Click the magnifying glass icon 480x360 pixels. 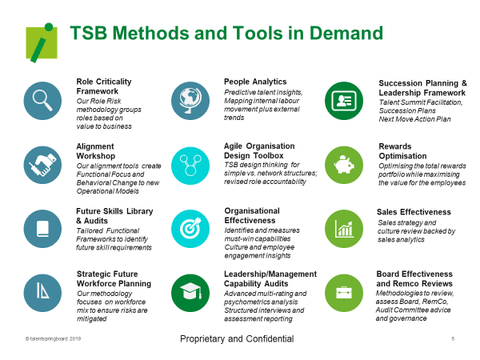coord(42,101)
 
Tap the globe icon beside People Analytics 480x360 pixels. coord(190,101)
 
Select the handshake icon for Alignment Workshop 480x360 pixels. coord(42,165)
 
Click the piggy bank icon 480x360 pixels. coord(344,165)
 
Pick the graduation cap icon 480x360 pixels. coord(190,293)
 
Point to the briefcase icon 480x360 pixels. coord(344,293)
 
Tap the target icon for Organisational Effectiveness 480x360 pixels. coord(190,229)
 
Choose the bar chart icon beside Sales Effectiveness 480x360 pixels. coord(344,229)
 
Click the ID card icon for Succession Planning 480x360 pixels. coord(344,101)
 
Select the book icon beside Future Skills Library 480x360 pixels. coord(42,229)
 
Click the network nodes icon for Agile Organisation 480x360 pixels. coord(190,166)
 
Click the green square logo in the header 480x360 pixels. coord(42,42)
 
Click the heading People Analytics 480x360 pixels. coord(255,82)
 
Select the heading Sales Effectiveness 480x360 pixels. coord(414,212)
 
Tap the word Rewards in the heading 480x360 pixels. coord(395,146)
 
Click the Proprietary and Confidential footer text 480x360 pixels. coord(237,339)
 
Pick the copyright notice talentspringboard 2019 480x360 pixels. coord(53,339)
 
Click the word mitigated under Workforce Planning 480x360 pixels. coord(91,319)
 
